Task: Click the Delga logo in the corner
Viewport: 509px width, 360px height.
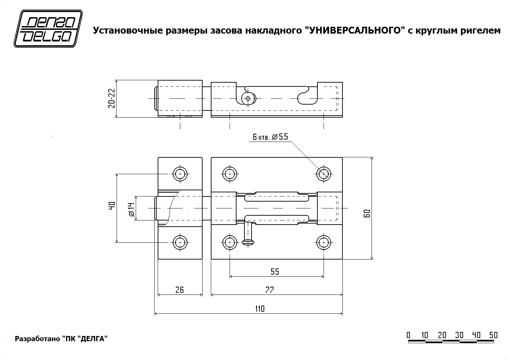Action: click(x=48, y=28)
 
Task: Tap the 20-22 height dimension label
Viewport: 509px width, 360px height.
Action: click(x=112, y=98)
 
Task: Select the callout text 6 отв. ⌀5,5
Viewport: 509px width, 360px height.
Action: click(x=270, y=137)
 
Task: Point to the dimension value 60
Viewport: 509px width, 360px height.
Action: click(x=367, y=214)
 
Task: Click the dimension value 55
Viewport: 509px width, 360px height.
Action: click(x=275, y=272)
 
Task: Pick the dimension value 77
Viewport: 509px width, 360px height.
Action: click(x=270, y=290)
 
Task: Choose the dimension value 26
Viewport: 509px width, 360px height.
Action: click(x=180, y=290)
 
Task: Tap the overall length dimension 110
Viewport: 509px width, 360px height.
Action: click(x=260, y=309)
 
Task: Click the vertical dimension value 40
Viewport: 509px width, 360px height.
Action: click(x=112, y=205)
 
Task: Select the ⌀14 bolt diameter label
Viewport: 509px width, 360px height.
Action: click(x=132, y=209)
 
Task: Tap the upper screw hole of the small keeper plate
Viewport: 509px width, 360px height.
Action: click(x=180, y=174)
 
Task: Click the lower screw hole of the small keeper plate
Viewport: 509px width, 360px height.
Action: click(x=180, y=242)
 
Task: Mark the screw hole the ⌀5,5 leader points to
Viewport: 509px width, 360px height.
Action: click(x=324, y=174)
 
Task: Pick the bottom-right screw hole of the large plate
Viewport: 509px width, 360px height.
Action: click(x=324, y=242)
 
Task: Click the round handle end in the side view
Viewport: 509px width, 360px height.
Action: click(x=248, y=99)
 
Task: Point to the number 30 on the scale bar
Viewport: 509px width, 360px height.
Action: click(x=459, y=335)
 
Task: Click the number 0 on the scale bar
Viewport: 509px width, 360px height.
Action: click(x=409, y=335)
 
